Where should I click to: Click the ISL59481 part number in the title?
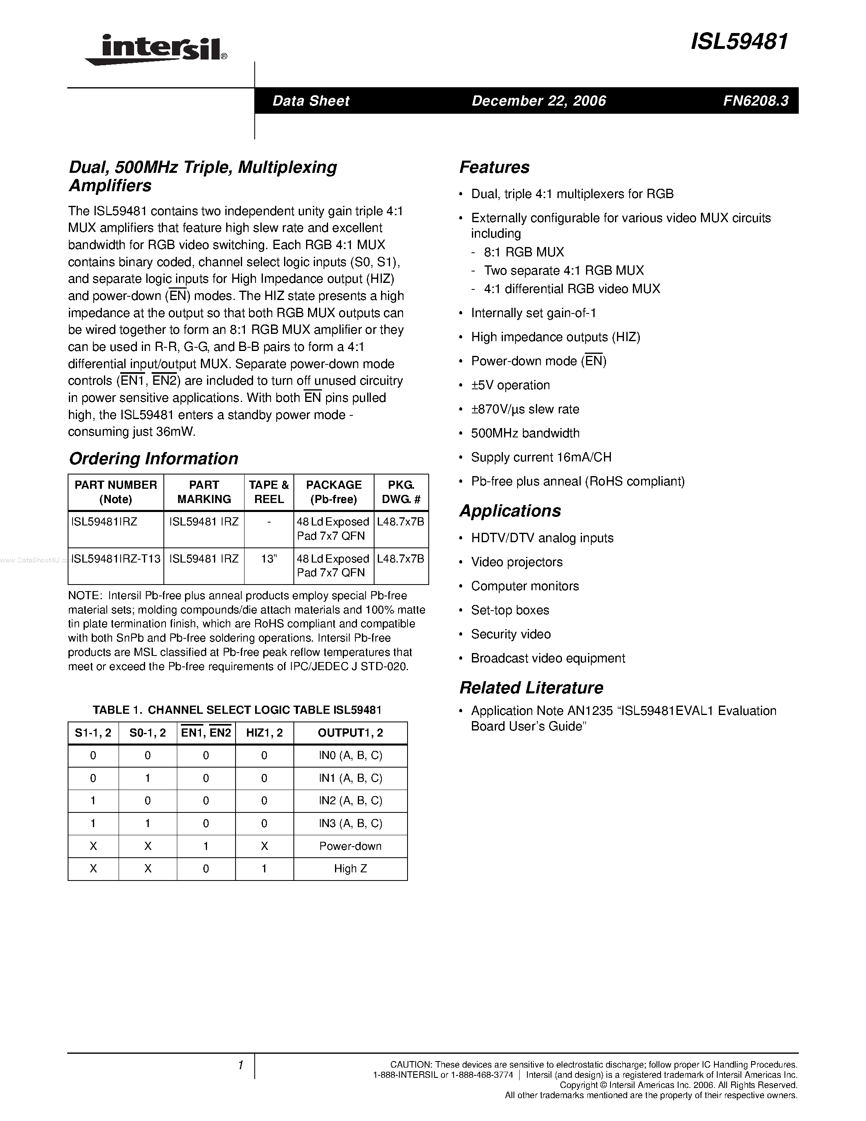click(739, 42)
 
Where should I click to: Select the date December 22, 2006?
click(539, 101)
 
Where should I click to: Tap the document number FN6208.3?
click(756, 101)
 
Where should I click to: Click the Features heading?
click(494, 167)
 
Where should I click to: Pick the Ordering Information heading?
click(153, 458)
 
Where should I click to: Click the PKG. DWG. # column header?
click(401, 492)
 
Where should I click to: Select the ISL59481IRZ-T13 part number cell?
click(116, 558)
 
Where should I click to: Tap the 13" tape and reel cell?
click(269, 558)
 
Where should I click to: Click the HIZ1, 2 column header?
click(264, 733)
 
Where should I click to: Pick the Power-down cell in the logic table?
click(350, 846)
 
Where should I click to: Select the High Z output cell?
click(350, 868)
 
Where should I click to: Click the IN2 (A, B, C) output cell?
click(350, 801)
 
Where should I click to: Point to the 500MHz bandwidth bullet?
click(525, 433)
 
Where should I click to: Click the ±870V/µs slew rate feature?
click(525, 409)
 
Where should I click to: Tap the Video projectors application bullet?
click(517, 562)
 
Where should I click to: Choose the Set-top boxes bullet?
click(510, 610)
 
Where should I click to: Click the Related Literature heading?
click(531, 688)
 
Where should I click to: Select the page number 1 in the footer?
click(240, 1066)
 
